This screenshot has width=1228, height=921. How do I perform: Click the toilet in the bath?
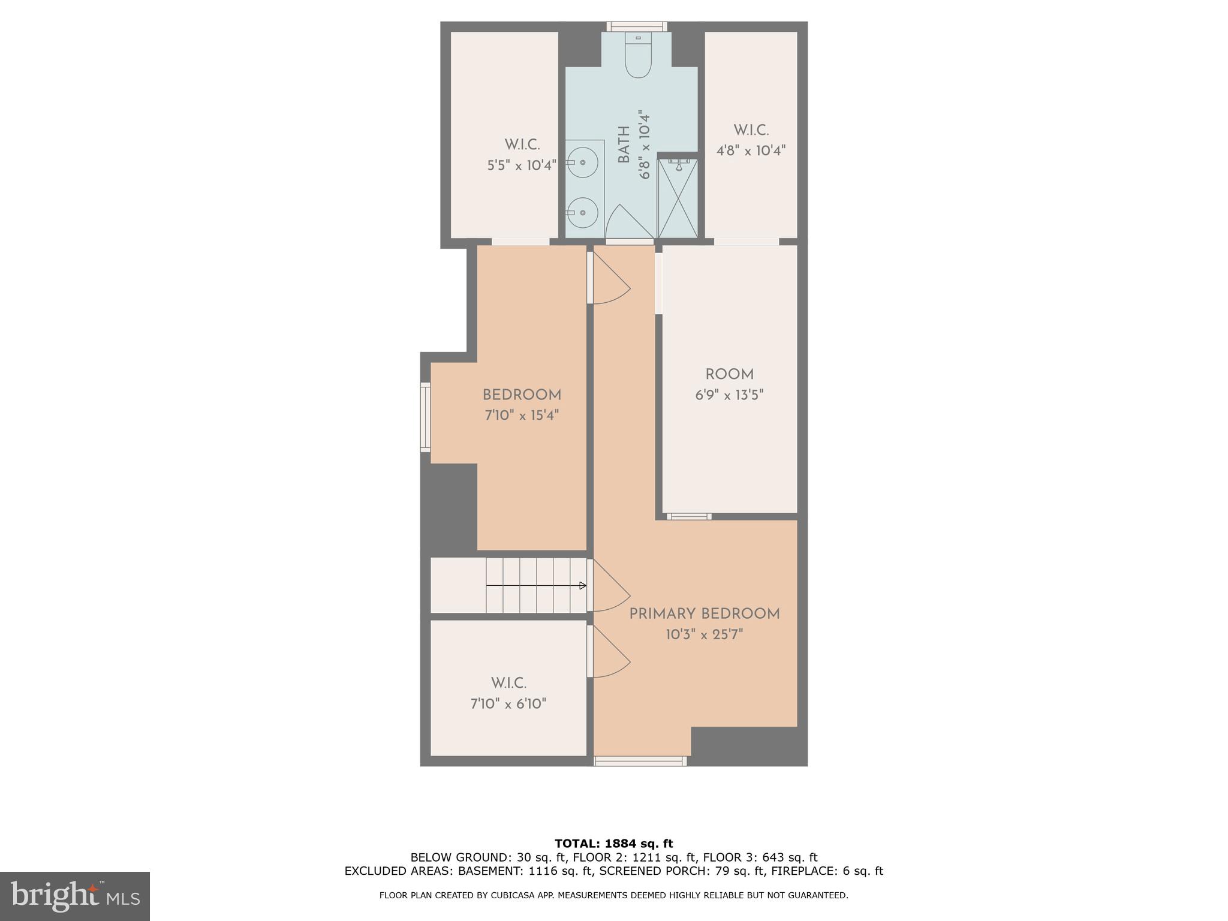(x=638, y=59)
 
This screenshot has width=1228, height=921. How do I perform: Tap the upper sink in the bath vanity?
(x=582, y=162)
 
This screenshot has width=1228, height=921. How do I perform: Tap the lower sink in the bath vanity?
(x=582, y=212)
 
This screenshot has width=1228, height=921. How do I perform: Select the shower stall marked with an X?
(x=678, y=198)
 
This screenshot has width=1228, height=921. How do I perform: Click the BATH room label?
(x=624, y=145)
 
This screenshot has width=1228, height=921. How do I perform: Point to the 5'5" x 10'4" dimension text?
(x=522, y=165)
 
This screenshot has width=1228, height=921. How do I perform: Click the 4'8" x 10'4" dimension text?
(x=751, y=151)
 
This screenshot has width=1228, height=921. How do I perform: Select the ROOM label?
(x=729, y=375)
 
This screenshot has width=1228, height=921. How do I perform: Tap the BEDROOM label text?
(x=522, y=395)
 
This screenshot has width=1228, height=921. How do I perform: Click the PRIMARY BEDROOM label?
(x=704, y=614)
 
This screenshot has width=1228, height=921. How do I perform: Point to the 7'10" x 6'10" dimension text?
(x=508, y=703)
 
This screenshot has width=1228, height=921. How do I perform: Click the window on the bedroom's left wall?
(x=426, y=417)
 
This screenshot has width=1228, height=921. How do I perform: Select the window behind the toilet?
(x=637, y=26)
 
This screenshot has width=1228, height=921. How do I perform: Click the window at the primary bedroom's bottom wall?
(x=640, y=761)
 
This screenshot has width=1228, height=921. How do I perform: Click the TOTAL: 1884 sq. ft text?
(x=613, y=844)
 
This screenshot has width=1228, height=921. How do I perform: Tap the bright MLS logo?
(x=74, y=896)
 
